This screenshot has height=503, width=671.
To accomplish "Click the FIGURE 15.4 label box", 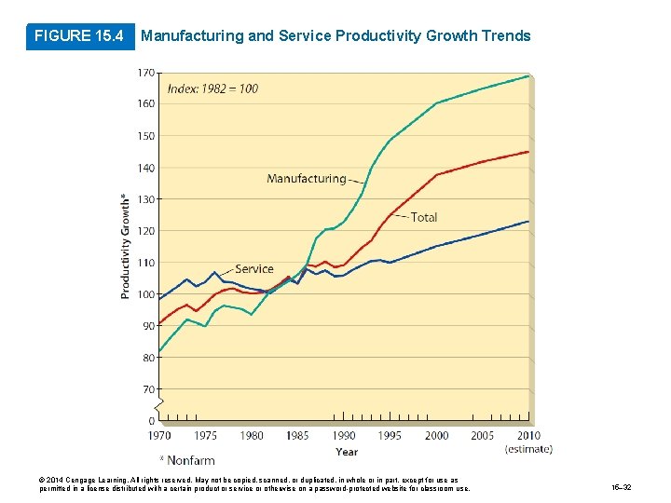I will click(x=79, y=36).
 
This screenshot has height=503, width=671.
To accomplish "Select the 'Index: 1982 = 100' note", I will click(x=212, y=88).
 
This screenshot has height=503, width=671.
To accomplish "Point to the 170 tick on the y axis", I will click(x=146, y=73).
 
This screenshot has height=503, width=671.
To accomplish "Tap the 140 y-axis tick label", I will click(x=146, y=168).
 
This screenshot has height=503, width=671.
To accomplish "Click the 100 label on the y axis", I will click(x=146, y=294).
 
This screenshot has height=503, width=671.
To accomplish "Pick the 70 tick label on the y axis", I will click(x=147, y=389).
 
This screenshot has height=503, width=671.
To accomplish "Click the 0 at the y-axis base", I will click(x=151, y=421).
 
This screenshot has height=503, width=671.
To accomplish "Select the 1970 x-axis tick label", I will click(x=158, y=435).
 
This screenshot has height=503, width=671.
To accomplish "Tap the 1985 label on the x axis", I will click(x=298, y=435).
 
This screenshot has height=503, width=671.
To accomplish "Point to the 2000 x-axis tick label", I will click(x=436, y=435).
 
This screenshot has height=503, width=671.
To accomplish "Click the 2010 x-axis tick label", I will click(x=528, y=435).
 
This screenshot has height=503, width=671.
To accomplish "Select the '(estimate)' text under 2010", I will click(x=528, y=449).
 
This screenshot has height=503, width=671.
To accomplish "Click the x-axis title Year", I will click(x=346, y=452).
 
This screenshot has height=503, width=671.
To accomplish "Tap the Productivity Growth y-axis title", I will click(x=126, y=246).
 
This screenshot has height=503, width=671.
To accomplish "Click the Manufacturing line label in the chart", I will click(x=306, y=178).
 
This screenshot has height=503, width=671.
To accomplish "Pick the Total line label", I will click(x=424, y=217).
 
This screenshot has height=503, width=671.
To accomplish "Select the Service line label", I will click(x=254, y=269).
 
